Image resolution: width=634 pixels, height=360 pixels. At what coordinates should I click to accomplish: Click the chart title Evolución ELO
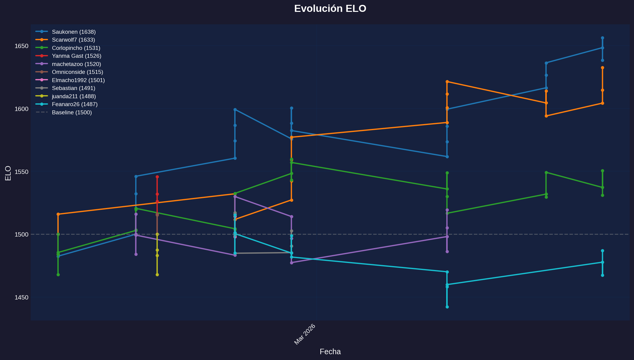coord(330,9)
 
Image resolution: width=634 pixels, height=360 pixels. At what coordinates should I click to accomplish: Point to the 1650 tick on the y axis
coord(22,46)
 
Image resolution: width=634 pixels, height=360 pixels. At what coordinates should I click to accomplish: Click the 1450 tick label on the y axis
coord(22,297)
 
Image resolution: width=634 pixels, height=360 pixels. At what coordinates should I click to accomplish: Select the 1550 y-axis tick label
coord(22,172)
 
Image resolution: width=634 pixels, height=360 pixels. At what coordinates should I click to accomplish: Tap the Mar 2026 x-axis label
coord(305,334)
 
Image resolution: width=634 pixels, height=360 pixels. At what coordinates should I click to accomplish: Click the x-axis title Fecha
coord(330,352)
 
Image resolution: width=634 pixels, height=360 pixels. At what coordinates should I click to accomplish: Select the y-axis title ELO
coord(8,173)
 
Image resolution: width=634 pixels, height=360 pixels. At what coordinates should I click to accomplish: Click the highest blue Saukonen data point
coord(602,38)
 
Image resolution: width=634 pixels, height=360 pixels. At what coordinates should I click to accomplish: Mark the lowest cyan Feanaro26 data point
coord(447,307)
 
